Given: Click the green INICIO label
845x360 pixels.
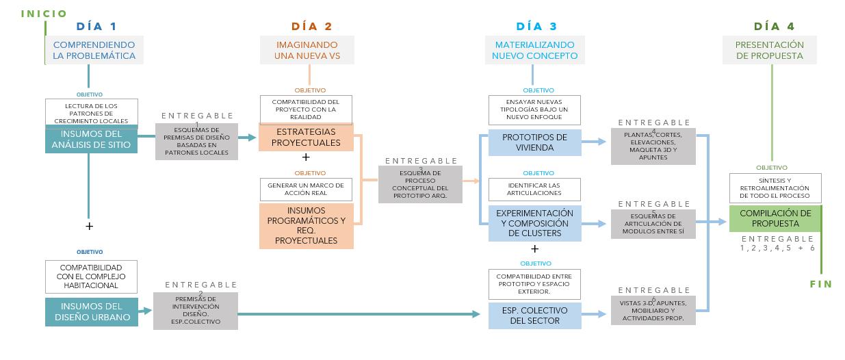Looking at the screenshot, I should pos(44,14).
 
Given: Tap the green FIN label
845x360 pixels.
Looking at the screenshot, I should pos(820,283).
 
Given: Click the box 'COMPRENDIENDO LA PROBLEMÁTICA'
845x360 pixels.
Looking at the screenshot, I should pos(94,50).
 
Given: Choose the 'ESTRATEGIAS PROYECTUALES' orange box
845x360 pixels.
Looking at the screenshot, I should pos(306,138).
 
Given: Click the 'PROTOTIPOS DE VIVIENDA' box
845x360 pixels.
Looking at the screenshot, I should pos(534,142).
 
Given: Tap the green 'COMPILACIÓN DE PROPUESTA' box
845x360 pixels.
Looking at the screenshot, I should pos(775,218).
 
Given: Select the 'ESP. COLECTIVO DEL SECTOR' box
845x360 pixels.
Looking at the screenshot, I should pos(534,316).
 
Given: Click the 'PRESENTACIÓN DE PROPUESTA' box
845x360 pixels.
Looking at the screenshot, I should pos(769,50).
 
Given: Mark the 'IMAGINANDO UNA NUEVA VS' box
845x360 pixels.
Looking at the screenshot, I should pos(307,50).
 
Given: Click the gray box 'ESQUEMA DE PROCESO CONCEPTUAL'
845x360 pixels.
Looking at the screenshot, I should pos(421,184).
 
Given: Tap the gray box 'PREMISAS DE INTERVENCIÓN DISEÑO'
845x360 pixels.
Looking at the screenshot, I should pos(196,311).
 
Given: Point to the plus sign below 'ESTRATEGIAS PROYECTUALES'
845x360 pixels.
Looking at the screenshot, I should pos(306,157).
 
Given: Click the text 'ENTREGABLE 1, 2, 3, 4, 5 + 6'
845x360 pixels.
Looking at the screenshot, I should pos(777,244).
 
